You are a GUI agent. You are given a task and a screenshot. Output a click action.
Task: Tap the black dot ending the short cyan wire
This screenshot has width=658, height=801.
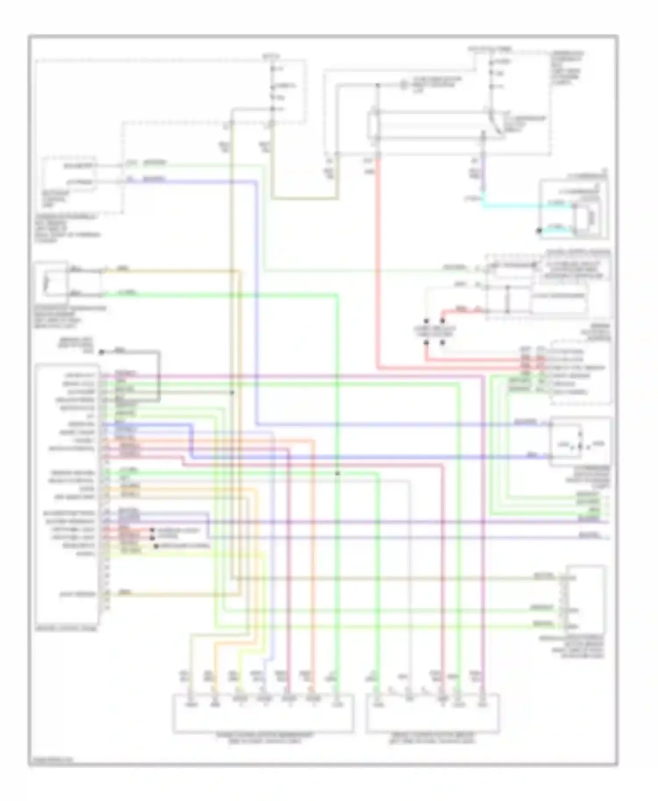pyautogui.click(x=539, y=230)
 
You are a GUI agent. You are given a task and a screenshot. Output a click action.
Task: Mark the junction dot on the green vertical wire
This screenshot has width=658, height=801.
pyautogui.click(x=337, y=473)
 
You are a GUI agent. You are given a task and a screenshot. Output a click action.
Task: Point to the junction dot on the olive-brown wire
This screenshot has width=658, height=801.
pyautogui.click(x=232, y=392)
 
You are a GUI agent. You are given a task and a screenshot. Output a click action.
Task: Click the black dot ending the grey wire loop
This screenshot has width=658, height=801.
pyautogui.click(x=101, y=352)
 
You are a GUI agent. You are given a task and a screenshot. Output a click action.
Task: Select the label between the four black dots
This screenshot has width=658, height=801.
pyautogui.click(x=434, y=331)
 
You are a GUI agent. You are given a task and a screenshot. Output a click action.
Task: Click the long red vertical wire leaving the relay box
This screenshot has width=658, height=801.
pyautogui.click(x=377, y=263)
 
